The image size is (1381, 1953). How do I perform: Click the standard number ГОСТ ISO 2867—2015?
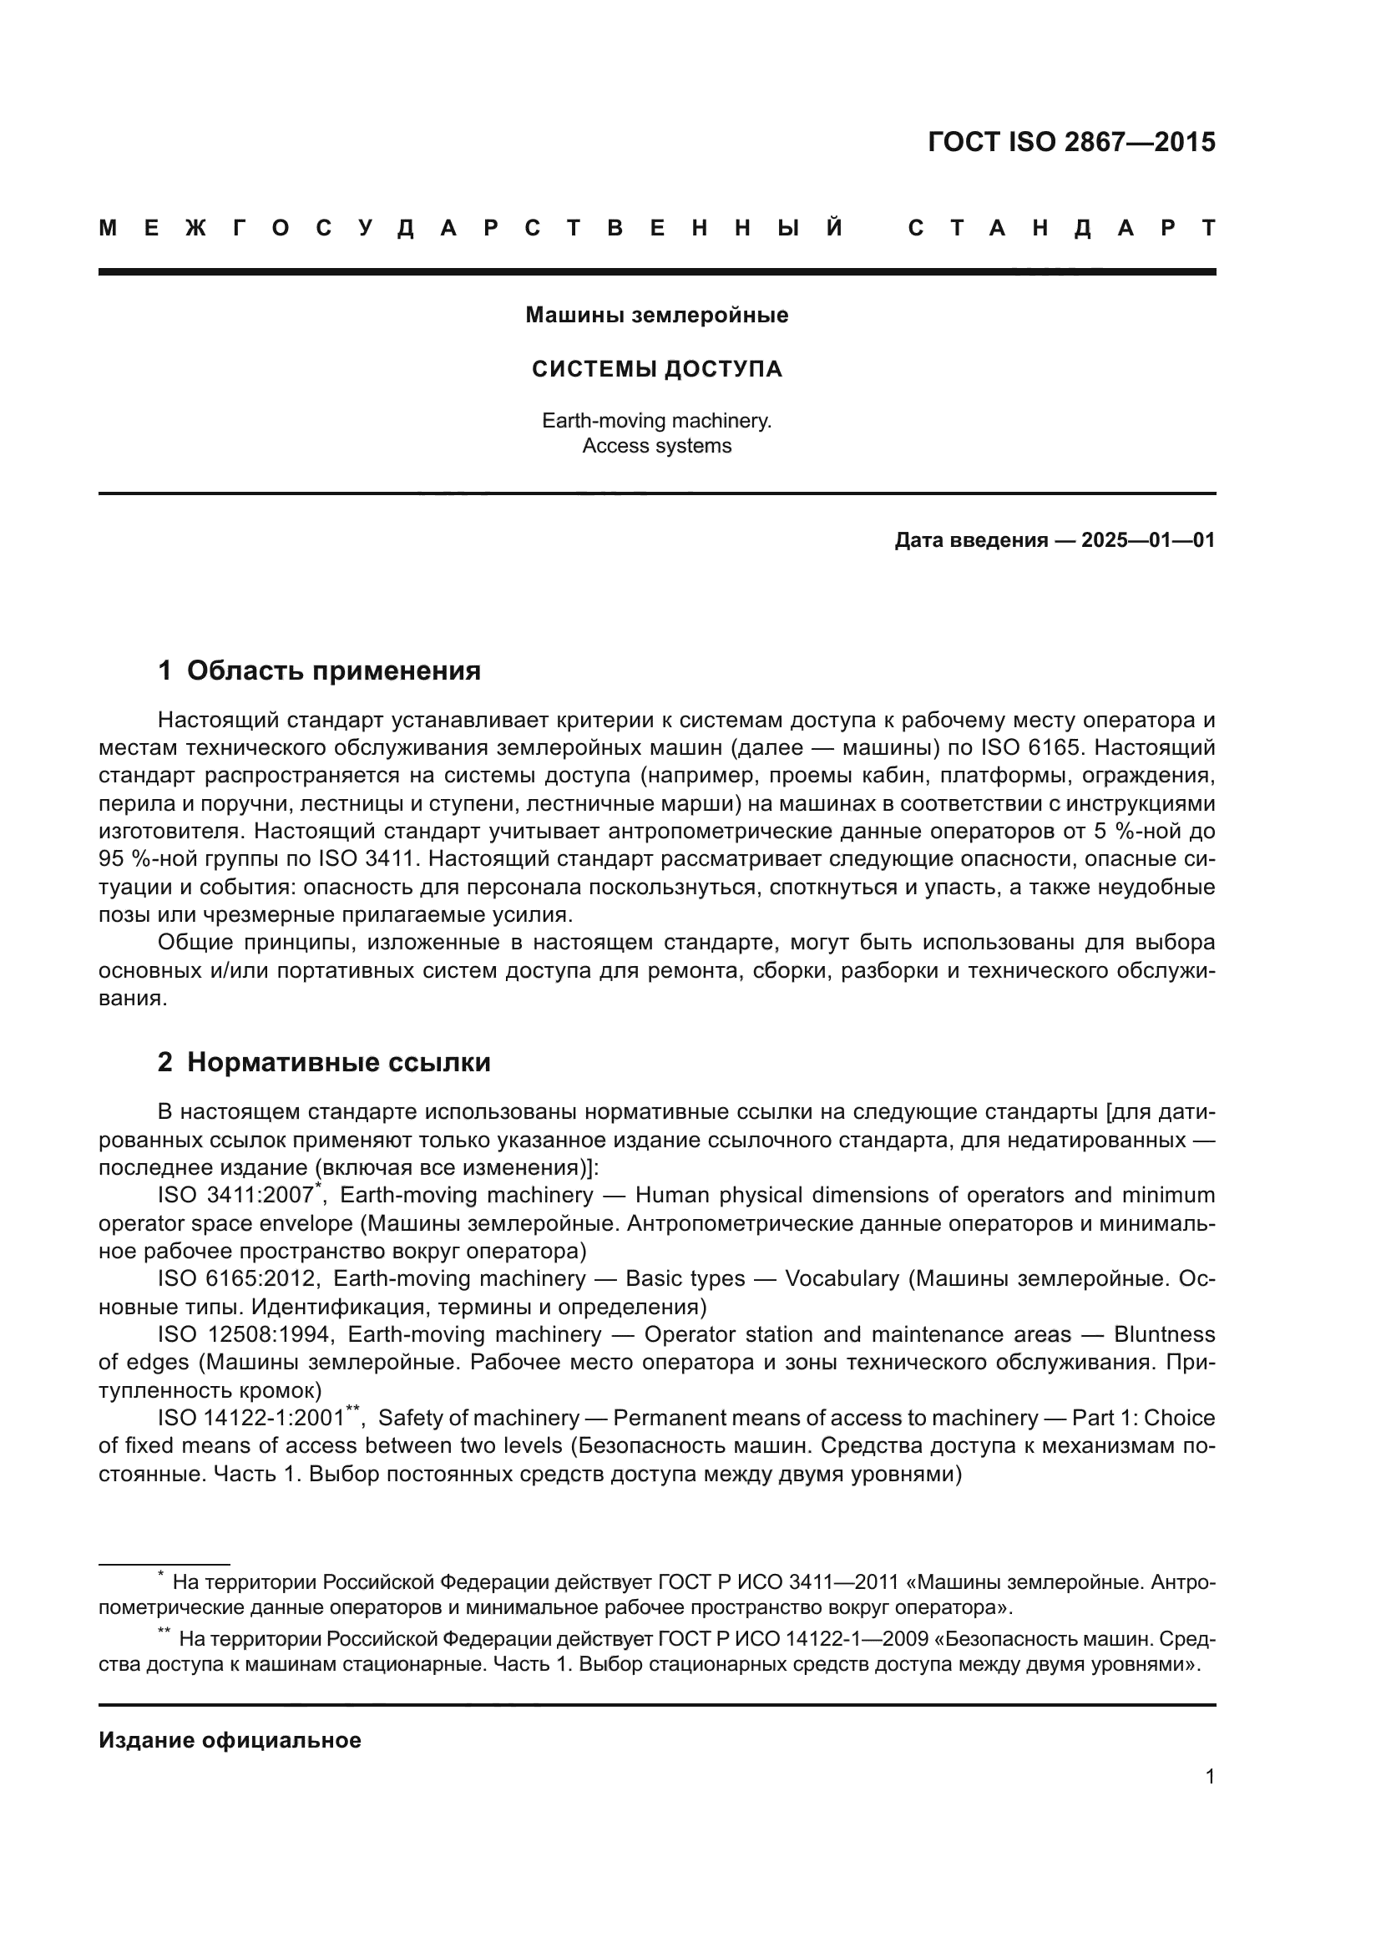(1070, 142)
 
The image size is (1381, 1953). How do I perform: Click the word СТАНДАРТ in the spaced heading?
(1061, 228)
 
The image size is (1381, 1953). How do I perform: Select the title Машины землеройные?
(656, 315)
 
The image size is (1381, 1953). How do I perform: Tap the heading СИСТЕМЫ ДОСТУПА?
(656, 369)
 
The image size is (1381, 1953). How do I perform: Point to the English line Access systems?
(656, 446)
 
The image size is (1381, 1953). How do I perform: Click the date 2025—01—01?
(1148, 540)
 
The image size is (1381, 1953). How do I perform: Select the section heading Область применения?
(333, 671)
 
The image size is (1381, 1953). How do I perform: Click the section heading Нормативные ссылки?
(338, 1062)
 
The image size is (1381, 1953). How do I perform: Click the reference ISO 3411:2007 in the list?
(235, 1196)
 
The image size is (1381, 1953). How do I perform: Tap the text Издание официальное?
(230, 1740)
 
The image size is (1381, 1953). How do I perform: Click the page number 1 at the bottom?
(1210, 1777)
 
